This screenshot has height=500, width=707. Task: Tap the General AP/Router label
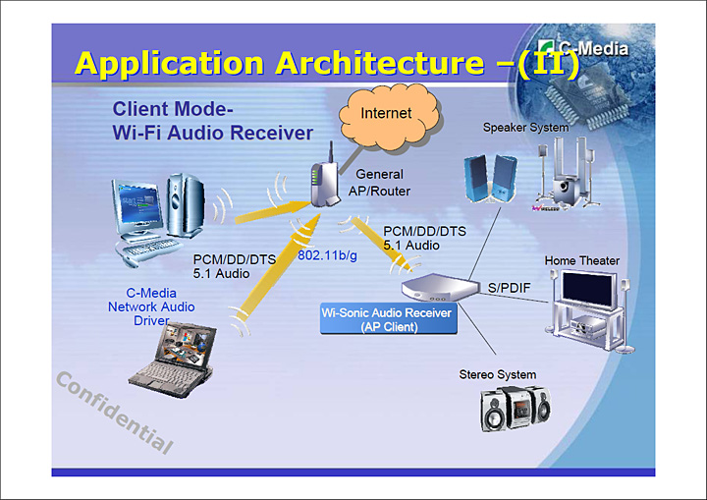coord(379,182)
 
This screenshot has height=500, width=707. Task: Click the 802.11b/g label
coord(327,255)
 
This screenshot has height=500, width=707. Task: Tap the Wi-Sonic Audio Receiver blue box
coord(388,319)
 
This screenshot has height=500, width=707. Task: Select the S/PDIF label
coord(509,287)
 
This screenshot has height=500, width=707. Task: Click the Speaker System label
coord(525,128)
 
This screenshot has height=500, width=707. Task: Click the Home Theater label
coord(582,260)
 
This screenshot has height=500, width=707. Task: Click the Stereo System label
coord(498,374)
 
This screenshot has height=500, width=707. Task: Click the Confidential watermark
coord(114,413)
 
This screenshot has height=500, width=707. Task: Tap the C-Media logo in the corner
coord(590,48)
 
